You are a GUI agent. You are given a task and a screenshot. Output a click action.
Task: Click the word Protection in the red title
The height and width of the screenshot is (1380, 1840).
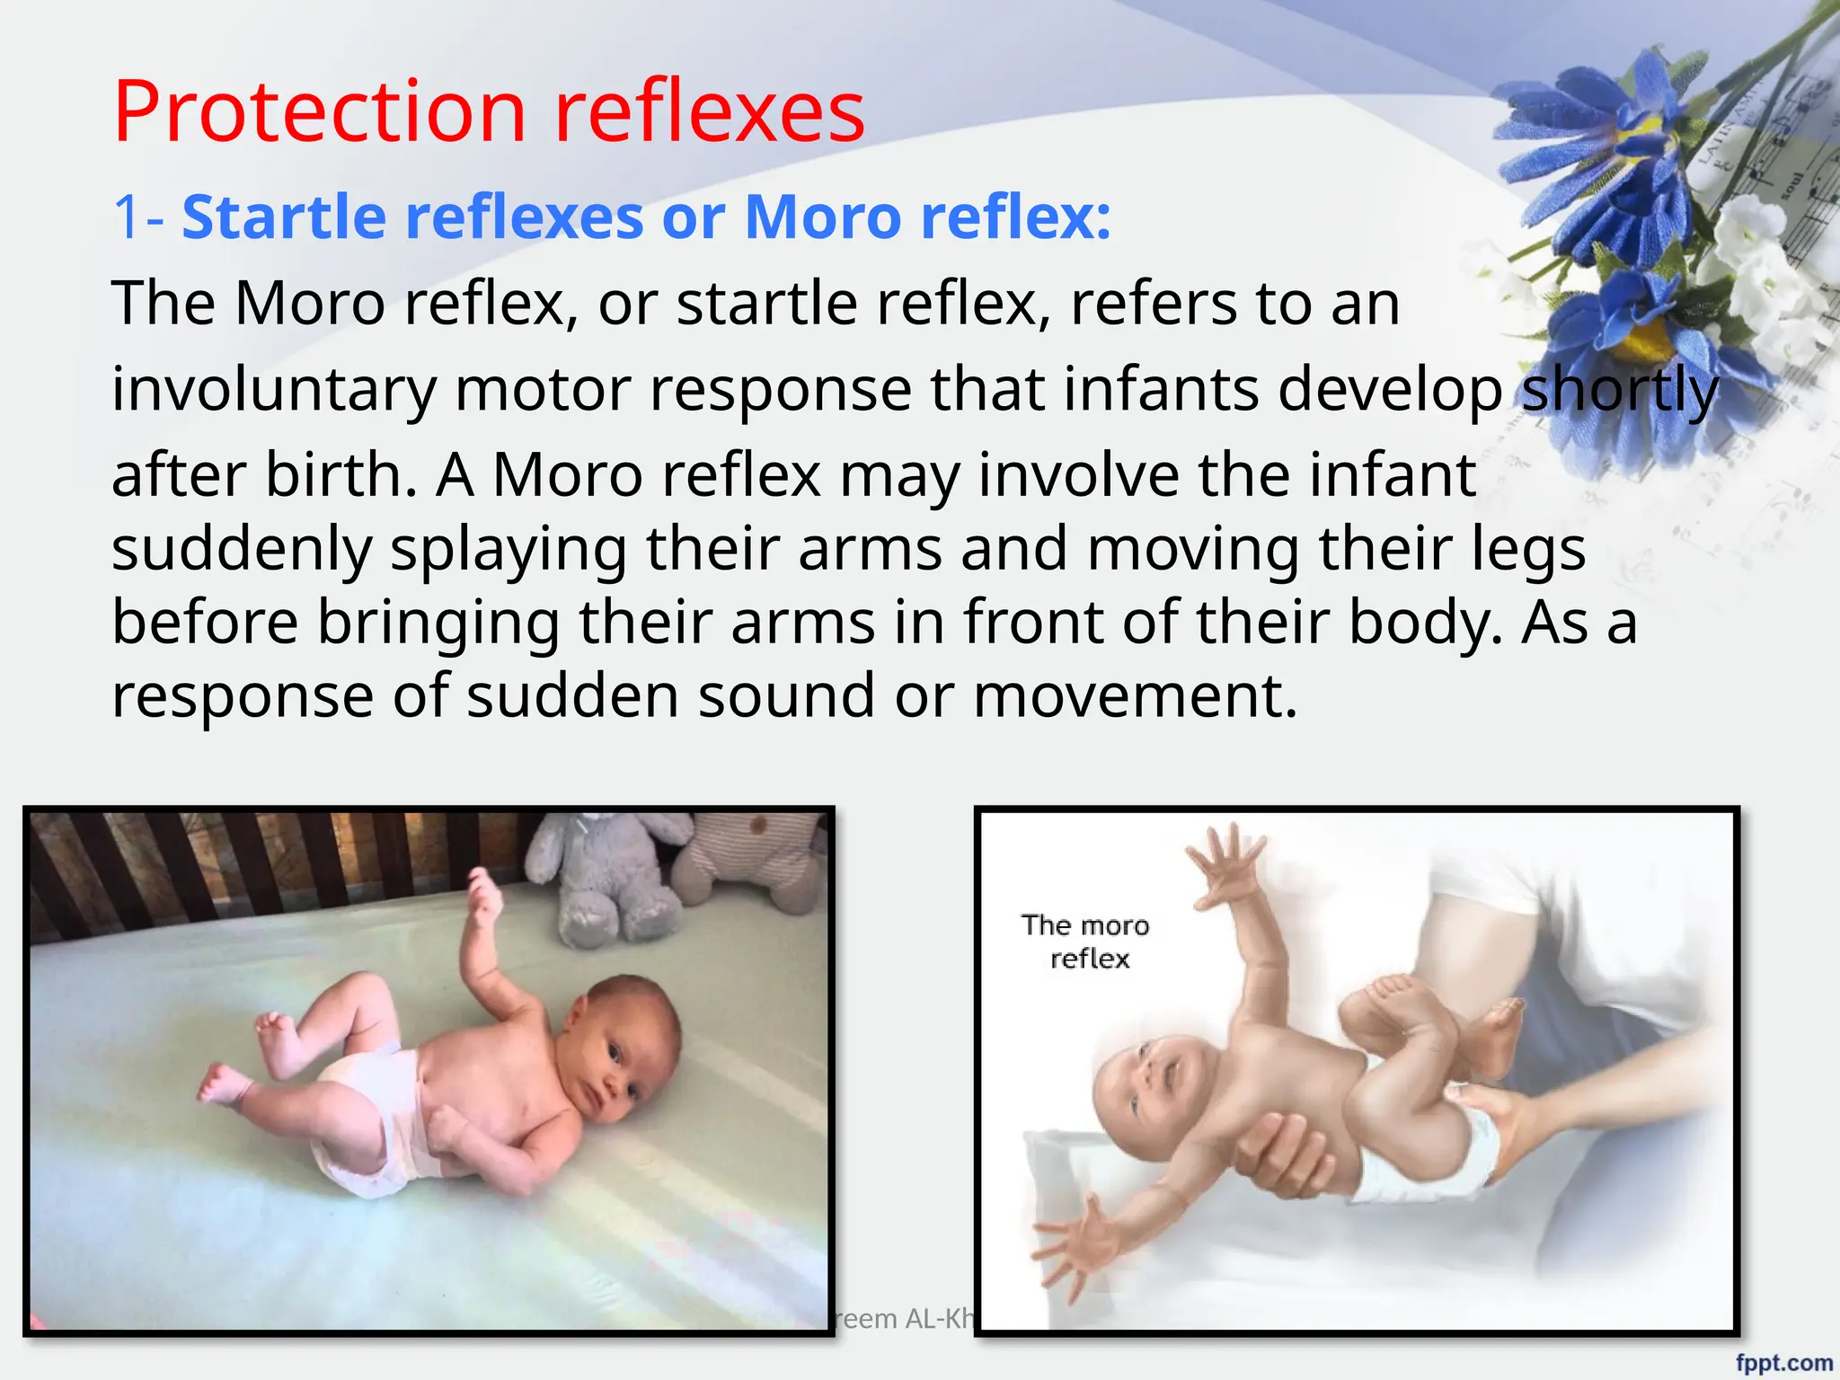point(319,111)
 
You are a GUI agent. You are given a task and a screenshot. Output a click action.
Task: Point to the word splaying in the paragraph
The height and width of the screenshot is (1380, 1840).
point(508,550)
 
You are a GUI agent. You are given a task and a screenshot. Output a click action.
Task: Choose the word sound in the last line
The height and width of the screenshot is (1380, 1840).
point(786,695)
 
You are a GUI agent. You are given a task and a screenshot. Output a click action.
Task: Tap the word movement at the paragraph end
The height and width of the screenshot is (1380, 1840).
point(1136,695)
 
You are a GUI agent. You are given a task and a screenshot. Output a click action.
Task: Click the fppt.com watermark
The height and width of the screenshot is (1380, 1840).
point(1783,1362)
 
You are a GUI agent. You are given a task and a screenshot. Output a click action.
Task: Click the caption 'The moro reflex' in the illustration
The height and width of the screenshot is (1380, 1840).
point(1086,942)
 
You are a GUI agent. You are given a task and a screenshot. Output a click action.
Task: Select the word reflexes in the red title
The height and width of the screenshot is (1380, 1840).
point(710,111)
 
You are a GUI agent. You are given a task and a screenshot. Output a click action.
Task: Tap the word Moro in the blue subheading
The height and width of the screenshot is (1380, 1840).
point(822,217)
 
